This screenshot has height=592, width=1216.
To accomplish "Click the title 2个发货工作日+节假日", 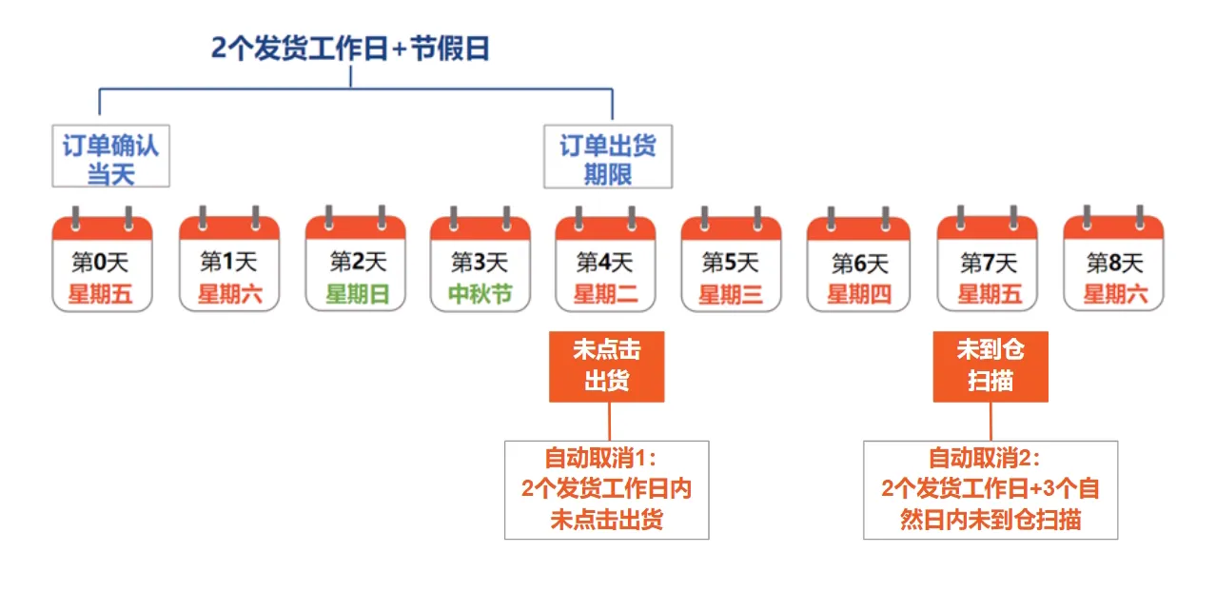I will [350, 49].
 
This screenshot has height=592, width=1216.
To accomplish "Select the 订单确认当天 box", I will [110, 159].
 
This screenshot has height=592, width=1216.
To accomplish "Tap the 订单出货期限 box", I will [607, 159].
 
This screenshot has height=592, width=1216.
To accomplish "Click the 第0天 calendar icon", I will [102, 262].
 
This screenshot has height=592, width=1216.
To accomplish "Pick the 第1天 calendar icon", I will [228, 262].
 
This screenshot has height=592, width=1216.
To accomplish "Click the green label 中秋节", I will [481, 294].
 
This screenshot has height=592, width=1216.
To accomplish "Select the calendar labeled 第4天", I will [605, 262].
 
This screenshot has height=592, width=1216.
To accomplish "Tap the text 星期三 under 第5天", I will [731, 294].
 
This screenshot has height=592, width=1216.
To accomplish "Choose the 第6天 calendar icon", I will [858, 262].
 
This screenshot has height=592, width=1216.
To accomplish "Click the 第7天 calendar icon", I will [988, 262].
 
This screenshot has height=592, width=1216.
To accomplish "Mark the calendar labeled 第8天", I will [1113, 262].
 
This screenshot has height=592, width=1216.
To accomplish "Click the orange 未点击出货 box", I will [606, 366].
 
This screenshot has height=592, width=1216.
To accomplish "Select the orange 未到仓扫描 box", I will [990, 366].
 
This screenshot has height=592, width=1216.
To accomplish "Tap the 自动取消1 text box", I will [606, 489].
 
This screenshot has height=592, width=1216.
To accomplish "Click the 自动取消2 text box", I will [990, 489].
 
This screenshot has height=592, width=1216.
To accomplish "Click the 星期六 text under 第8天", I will [1114, 294].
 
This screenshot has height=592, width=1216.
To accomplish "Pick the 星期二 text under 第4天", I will [605, 294].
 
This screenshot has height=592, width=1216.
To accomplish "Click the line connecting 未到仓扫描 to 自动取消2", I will [990, 421].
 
